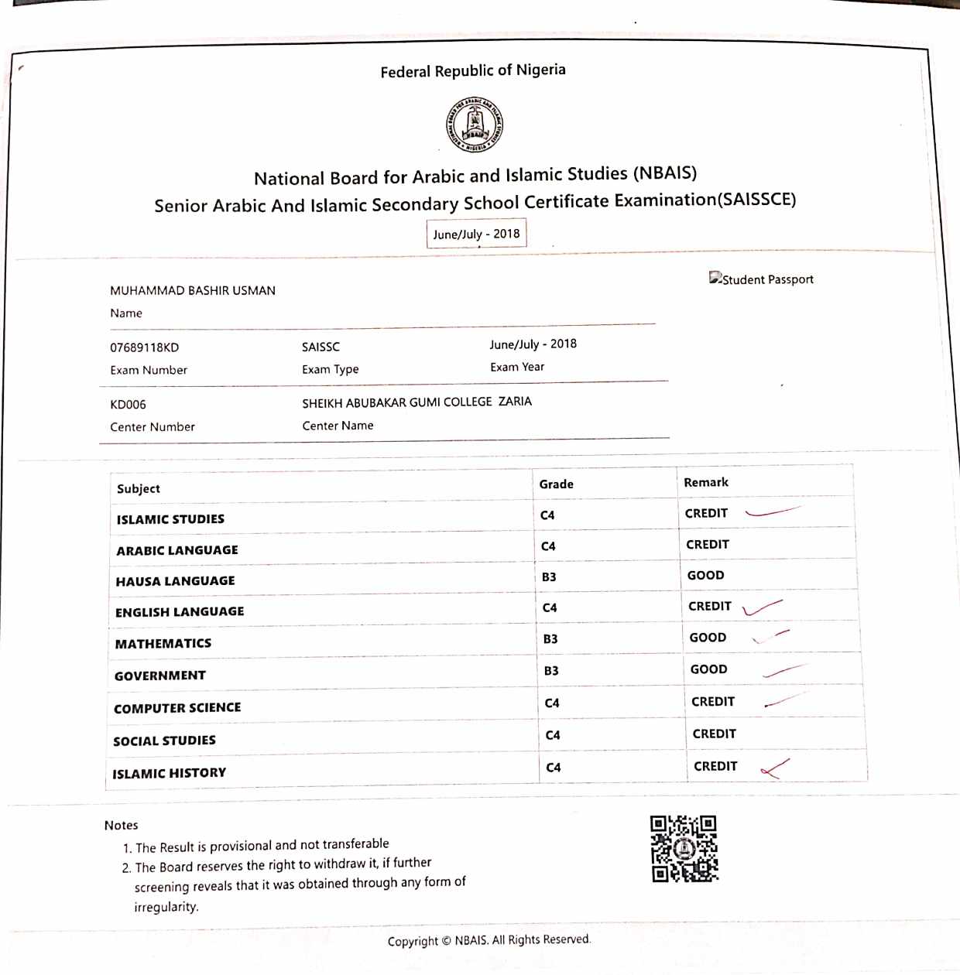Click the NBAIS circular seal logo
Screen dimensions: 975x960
coord(475,125)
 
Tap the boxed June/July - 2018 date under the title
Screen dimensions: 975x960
coord(476,234)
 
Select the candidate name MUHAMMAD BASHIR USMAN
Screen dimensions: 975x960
coord(193,291)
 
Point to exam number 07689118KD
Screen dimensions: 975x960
coord(144,347)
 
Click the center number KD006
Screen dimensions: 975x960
coord(128,405)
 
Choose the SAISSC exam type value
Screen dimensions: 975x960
coord(321,347)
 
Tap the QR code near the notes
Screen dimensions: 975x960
coord(684,849)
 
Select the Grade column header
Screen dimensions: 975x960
coord(556,484)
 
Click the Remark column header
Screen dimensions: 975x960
coord(705,482)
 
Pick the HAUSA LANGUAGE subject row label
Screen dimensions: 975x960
coord(175,581)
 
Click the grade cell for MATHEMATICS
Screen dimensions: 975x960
coord(550,639)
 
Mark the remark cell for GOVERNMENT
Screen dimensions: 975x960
coord(708,669)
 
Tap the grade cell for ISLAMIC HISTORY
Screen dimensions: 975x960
coord(553,768)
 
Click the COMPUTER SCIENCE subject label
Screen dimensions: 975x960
coord(177,708)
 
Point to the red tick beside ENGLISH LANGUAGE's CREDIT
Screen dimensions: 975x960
coord(761,607)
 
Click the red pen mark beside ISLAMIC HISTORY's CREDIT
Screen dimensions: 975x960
coord(774,768)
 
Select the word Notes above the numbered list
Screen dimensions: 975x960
coord(121,826)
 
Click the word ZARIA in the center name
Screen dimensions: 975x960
coord(515,402)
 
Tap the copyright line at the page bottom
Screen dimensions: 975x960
coord(489,940)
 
